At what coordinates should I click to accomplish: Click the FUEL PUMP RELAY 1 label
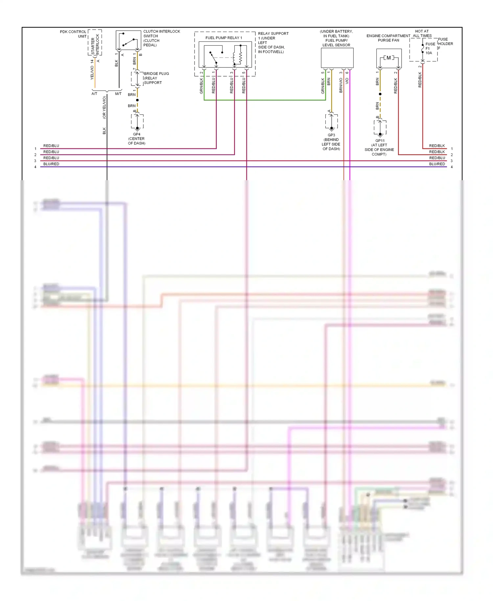tap(223, 38)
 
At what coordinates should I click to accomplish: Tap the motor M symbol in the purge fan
tap(389, 58)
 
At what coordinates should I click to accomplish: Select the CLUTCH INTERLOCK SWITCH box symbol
tap(128, 40)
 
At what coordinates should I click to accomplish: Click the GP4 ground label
tap(137, 134)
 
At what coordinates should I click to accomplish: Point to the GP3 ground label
tap(331, 135)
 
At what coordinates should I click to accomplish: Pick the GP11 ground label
tap(380, 141)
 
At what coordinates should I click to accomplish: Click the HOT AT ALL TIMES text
tap(422, 34)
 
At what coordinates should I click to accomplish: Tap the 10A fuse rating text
tap(429, 53)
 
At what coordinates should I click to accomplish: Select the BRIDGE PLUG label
tap(156, 74)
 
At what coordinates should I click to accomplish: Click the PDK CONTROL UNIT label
tap(73, 34)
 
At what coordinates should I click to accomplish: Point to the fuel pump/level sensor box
tap(337, 58)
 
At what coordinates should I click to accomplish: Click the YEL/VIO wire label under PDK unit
tap(92, 73)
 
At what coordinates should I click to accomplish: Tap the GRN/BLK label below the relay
tap(201, 86)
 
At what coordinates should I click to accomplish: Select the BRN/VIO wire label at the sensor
tap(341, 85)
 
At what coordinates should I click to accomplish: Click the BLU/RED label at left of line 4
tap(51, 164)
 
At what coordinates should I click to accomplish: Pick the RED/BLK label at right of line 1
tap(437, 146)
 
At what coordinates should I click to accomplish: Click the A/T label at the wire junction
tap(94, 94)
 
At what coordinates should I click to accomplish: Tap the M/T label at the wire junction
tap(118, 94)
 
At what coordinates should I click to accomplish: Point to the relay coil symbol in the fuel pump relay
tap(241, 55)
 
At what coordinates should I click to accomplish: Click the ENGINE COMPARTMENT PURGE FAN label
tap(388, 38)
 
